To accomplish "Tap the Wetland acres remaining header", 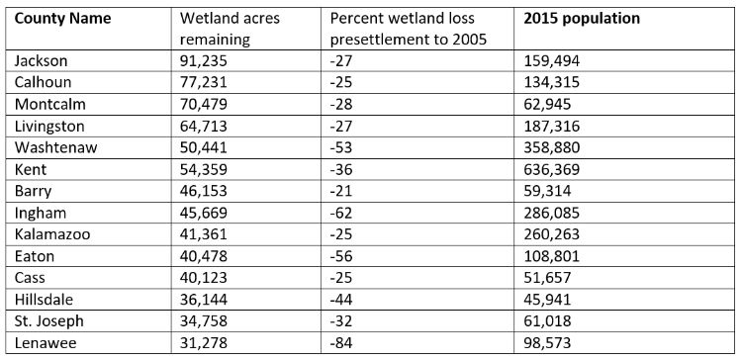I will (x=231, y=27).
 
